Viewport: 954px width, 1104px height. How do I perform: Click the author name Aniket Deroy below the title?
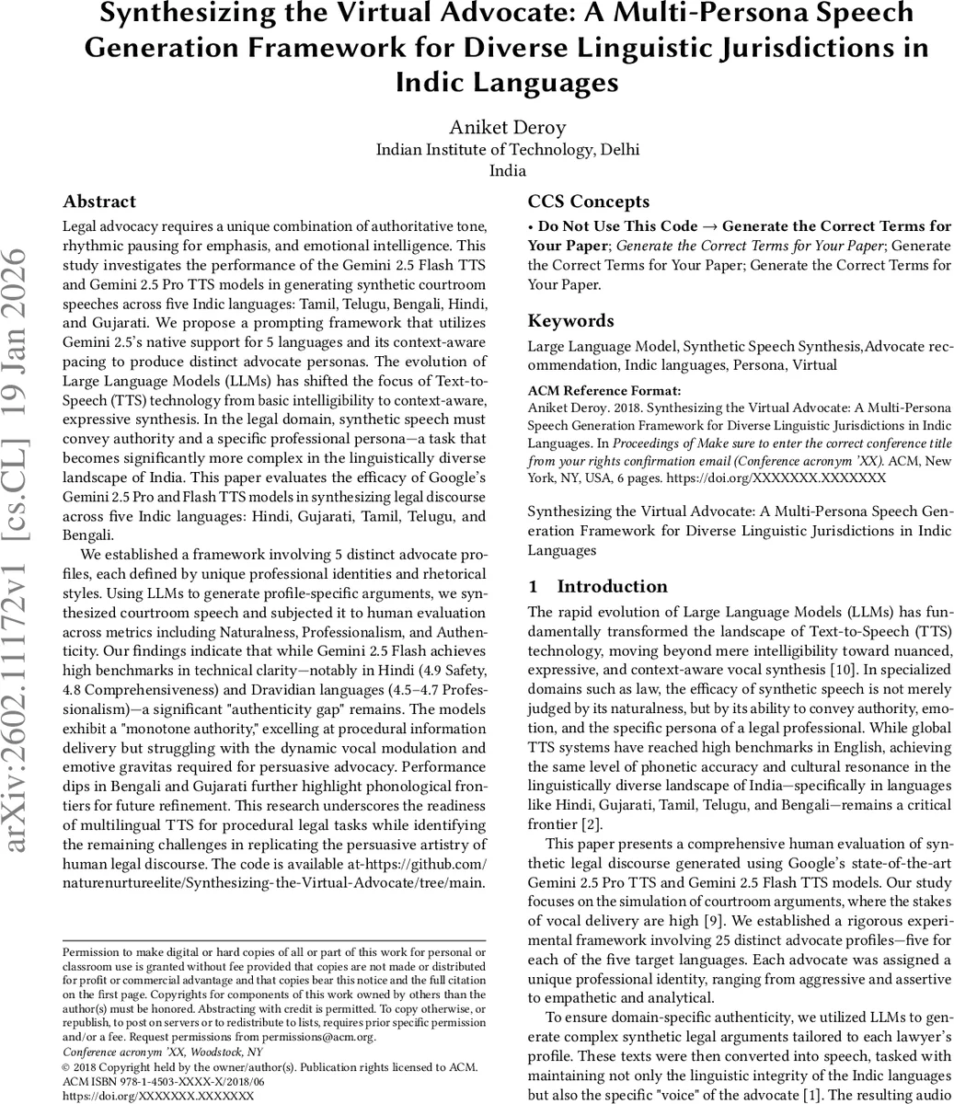pyautogui.click(x=508, y=127)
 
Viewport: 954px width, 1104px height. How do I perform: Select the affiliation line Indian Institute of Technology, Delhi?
pyautogui.click(x=508, y=149)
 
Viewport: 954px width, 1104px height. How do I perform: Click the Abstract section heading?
pyautogui.click(x=99, y=201)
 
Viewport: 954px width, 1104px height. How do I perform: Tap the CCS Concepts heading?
pyautogui.click(x=588, y=201)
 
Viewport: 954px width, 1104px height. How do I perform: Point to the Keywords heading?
pyautogui.click(x=570, y=320)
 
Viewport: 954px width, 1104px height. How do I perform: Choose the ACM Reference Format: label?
pyautogui.click(x=592, y=390)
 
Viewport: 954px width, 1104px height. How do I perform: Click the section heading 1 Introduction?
pyautogui.click(x=598, y=586)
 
